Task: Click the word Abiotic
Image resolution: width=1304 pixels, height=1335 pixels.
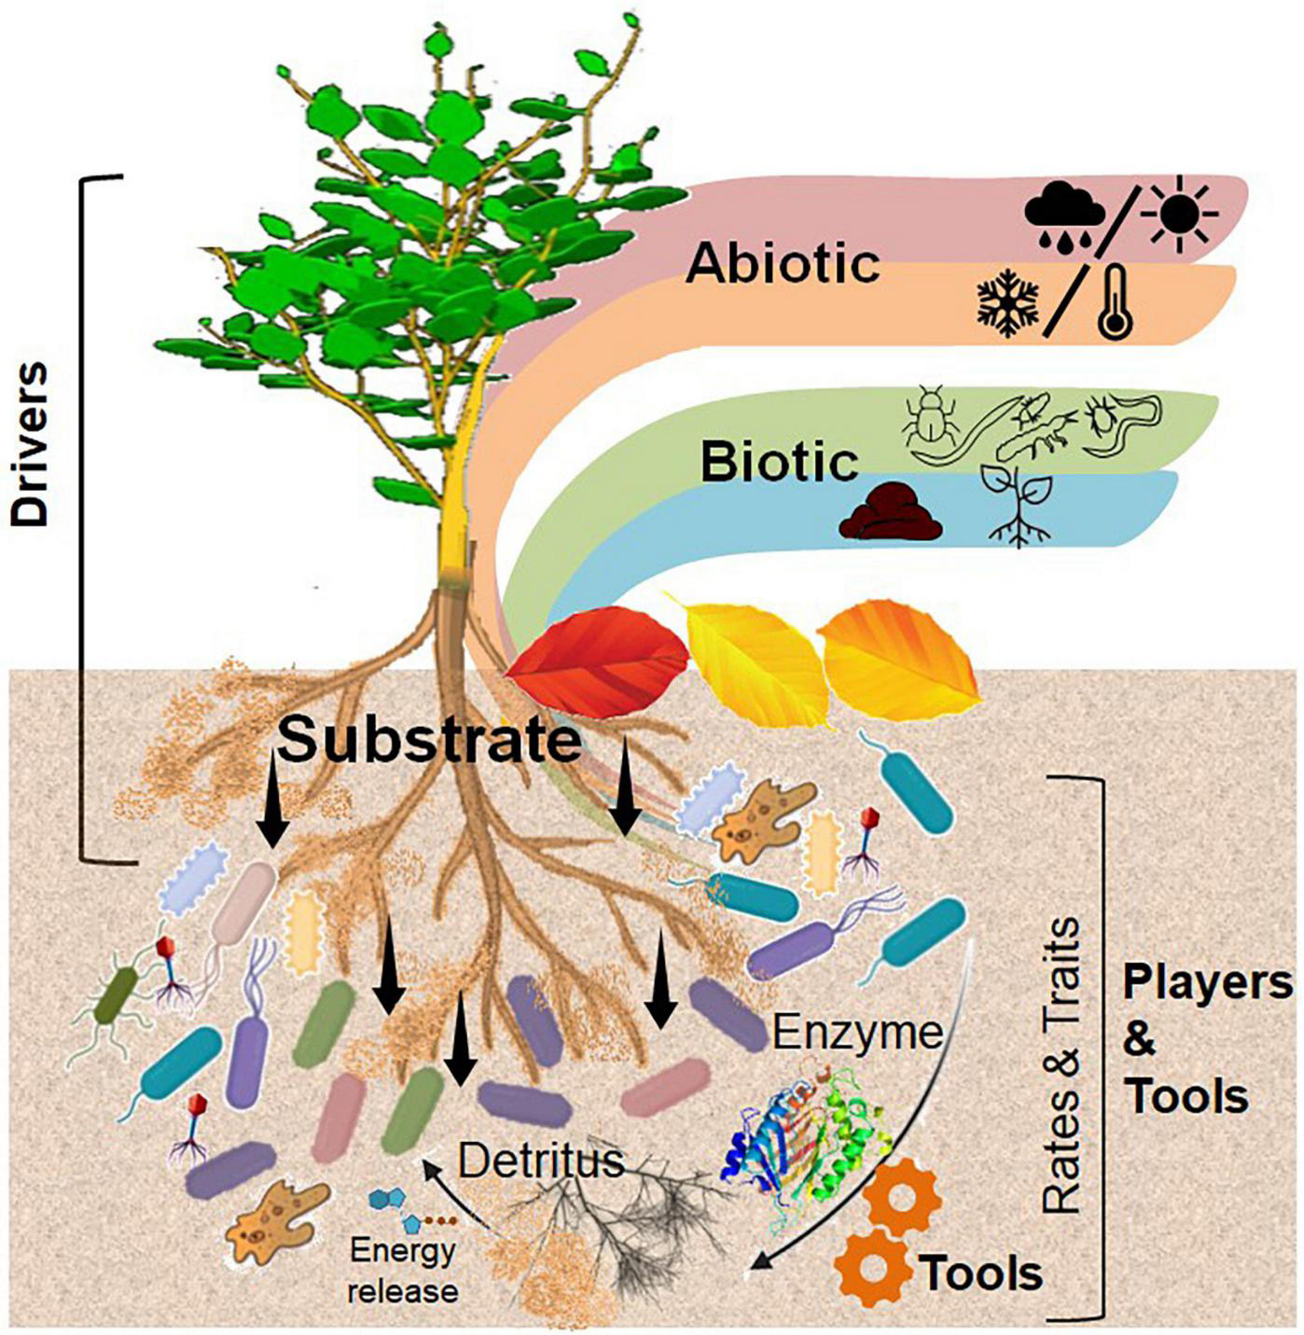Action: click(x=784, y=263)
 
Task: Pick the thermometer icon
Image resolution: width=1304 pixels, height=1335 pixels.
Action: click(x=1116, y=301)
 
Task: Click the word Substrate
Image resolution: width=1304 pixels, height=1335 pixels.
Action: click(x=430, y=741)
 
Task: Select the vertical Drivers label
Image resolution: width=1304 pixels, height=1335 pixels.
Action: click(x=30, y=445)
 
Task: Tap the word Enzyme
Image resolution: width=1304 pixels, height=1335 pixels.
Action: click(x=858, y=1033)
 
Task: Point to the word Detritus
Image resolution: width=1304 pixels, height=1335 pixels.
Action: click(x=540, y=1161)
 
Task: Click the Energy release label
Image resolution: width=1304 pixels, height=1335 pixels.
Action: click(x=403, y=1270)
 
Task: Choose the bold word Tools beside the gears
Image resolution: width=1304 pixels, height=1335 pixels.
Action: click(x=980, y=1272)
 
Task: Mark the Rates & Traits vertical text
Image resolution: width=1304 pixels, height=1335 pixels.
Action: click(x=1061, y=1064)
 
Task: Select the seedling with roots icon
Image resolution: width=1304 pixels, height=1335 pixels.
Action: click(x=1020, y=506)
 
